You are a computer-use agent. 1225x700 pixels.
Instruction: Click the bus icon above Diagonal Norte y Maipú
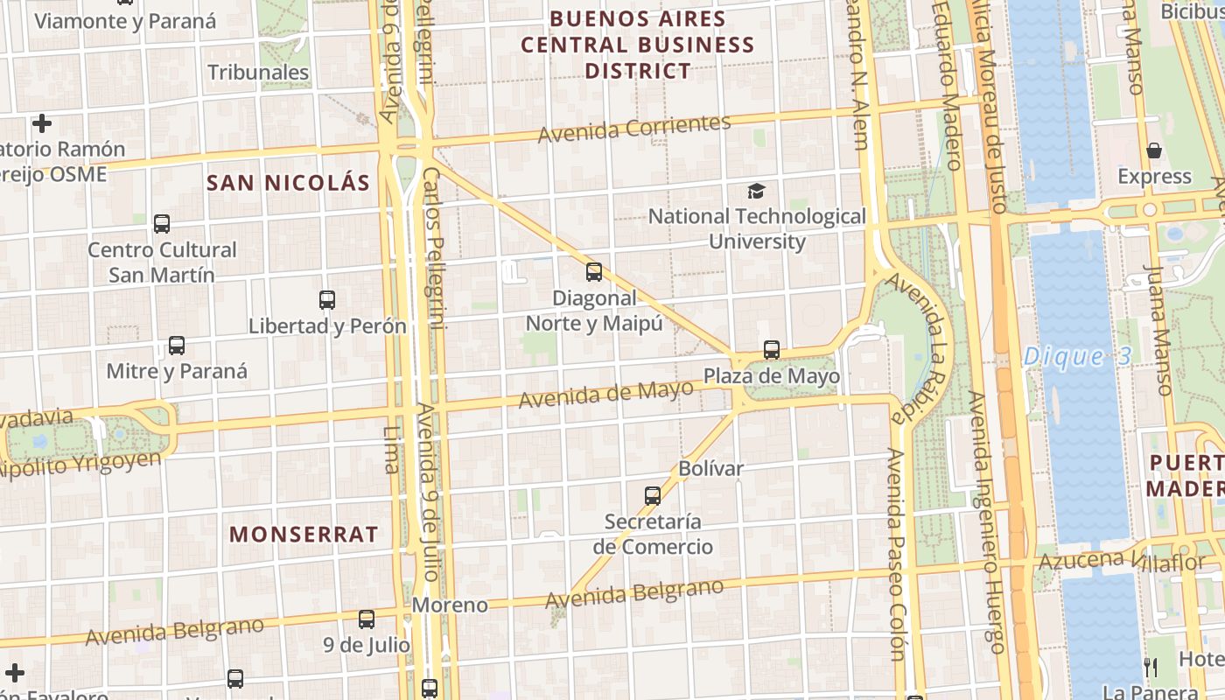click(594, 272)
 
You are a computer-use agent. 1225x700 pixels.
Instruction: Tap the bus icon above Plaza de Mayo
click(771, 350)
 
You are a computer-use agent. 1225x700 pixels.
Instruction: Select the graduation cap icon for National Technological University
click(756, 191)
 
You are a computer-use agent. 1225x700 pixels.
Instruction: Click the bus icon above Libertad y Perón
click(327, 300)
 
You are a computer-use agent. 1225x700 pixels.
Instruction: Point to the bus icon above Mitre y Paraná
click(177, 346)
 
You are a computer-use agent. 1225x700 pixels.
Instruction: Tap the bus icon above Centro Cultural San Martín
click(162, 224)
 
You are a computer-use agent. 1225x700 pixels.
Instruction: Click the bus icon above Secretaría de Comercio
click(653, 496)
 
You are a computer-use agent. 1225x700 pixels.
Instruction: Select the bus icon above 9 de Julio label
click(367, 619)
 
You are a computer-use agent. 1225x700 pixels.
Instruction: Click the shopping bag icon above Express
click(1154, 150)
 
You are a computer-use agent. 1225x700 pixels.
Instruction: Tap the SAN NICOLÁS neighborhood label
click(288, 183)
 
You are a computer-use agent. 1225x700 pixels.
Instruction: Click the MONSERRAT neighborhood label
click(304, 535)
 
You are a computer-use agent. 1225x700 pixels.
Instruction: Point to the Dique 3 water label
click(1076, 357)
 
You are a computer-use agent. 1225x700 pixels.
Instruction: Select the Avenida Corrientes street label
click(633, 129)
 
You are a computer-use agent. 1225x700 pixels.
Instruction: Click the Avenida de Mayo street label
click(605, 395)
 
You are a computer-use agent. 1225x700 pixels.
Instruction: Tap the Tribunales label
click(258, 72)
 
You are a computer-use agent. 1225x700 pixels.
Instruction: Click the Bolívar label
click(710, 468)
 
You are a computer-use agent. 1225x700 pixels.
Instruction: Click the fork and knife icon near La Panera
click(1151, 668)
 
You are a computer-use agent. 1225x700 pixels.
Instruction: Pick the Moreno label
click(450, 605)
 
